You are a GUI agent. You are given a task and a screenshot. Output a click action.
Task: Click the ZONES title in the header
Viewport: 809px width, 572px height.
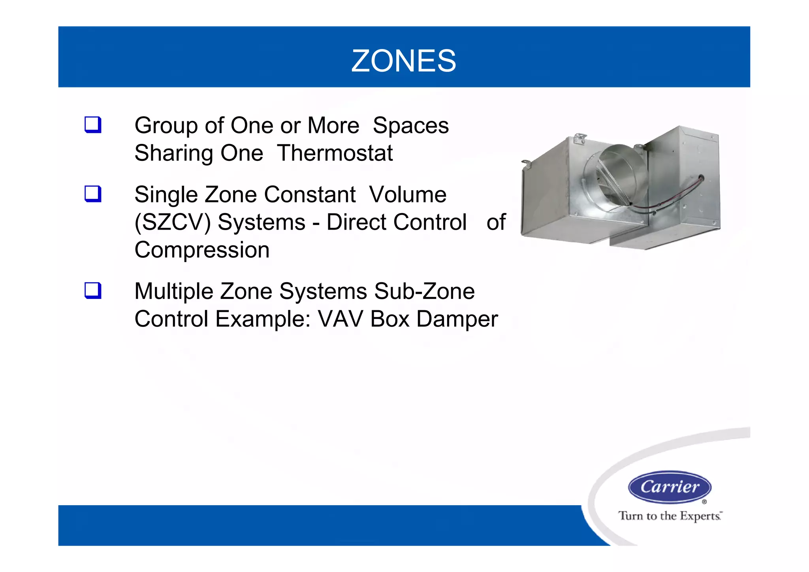(x=404, y=61)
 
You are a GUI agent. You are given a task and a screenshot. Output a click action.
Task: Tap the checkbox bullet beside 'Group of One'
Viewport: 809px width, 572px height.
(x=93, y=125)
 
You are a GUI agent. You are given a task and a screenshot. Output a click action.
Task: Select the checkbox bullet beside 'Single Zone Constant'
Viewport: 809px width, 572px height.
(x=93, y=194)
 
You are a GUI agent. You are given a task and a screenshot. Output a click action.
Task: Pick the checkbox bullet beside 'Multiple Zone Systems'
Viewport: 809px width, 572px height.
(x=93, y=291)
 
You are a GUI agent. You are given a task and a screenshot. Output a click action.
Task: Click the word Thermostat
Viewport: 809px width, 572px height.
(x=335, y=153)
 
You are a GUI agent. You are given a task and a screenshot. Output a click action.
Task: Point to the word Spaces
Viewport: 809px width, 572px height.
(x=410, y=125)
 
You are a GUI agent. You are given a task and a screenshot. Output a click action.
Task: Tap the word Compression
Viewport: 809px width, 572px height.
(x=202, y=250)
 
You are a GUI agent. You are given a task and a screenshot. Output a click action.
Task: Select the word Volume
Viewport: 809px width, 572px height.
(x=408, y=194)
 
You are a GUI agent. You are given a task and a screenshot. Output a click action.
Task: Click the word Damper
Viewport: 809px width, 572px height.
(x=457, y=319)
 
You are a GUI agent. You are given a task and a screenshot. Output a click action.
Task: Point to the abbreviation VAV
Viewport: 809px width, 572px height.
(x=341, y=319)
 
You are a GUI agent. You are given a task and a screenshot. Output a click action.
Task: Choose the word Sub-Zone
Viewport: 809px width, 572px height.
(x=424, y=291)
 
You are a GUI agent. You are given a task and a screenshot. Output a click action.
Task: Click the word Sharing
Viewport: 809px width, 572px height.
(x=173, y=153)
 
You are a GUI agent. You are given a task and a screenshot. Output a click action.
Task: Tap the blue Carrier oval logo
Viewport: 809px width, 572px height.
(x=670, y=487)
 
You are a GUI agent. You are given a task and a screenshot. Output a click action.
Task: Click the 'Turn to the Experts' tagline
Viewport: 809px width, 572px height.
(x=670, y=516)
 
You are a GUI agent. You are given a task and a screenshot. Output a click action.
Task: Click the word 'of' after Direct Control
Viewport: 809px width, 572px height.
(x=496, y=222)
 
